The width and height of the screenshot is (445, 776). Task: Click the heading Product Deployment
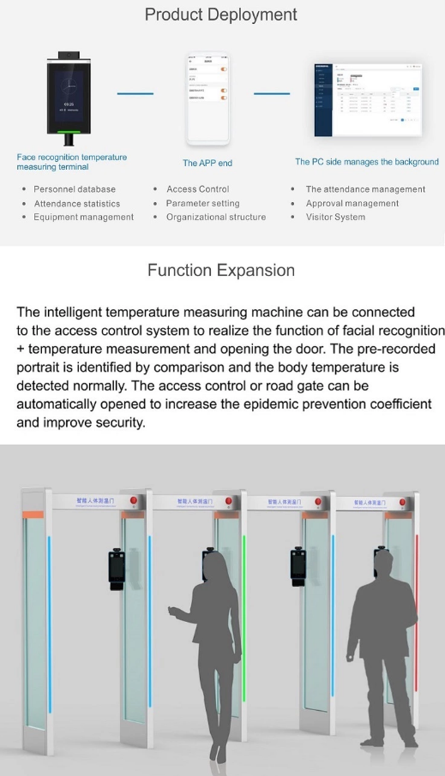pos(221,15)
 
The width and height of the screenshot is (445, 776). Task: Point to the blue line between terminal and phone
pos(135,93)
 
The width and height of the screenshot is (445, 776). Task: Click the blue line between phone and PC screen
pos(272,93)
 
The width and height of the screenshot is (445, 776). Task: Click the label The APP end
pos(207,163)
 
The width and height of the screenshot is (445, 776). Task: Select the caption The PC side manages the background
pos(366,162)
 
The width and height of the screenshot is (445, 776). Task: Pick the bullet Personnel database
pos(75,189)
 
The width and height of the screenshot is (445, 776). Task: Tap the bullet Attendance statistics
pos(77,204)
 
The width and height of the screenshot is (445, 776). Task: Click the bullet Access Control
pos(197,189)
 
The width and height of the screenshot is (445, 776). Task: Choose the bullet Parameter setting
pos(203,204)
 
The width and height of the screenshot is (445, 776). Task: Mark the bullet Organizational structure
pos(216,218)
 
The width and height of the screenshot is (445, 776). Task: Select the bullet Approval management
pos(352,204)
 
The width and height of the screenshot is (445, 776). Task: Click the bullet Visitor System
pos(335,218)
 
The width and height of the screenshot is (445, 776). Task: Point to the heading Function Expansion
pos(221,271)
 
